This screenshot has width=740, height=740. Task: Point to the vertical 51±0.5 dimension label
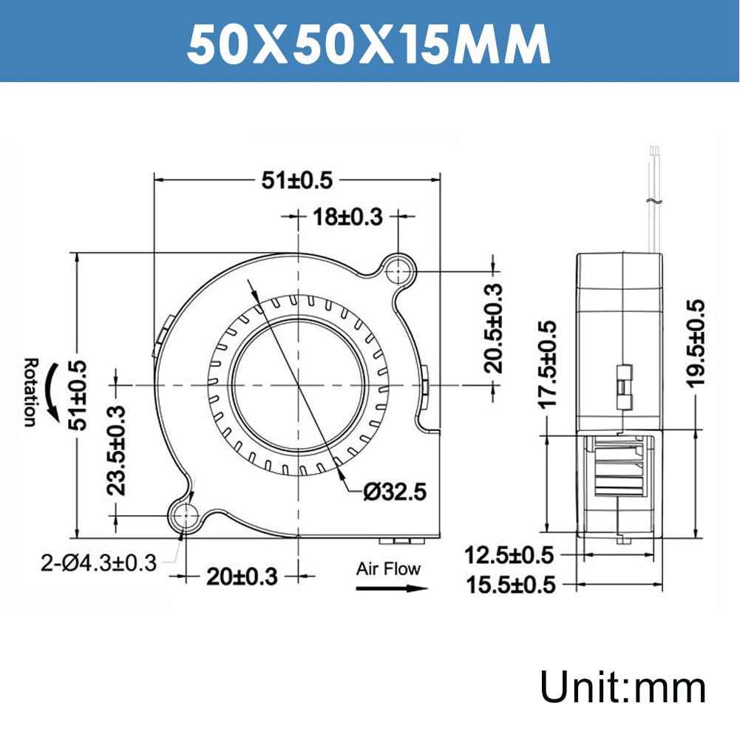point(78,394)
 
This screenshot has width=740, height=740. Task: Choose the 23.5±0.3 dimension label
point(117,449)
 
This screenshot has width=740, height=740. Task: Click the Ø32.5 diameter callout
point(396,492)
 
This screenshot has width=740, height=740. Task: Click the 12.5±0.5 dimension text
point(510,554)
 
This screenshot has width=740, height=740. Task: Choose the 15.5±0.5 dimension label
point(510,585)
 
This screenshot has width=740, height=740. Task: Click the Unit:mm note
point(622,687)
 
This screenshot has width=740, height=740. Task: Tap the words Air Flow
point(387,568)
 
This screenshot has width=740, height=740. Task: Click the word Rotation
point(30,393)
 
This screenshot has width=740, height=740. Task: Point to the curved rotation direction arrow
point(52,393)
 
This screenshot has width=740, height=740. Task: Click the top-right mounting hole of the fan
point(399,271)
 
